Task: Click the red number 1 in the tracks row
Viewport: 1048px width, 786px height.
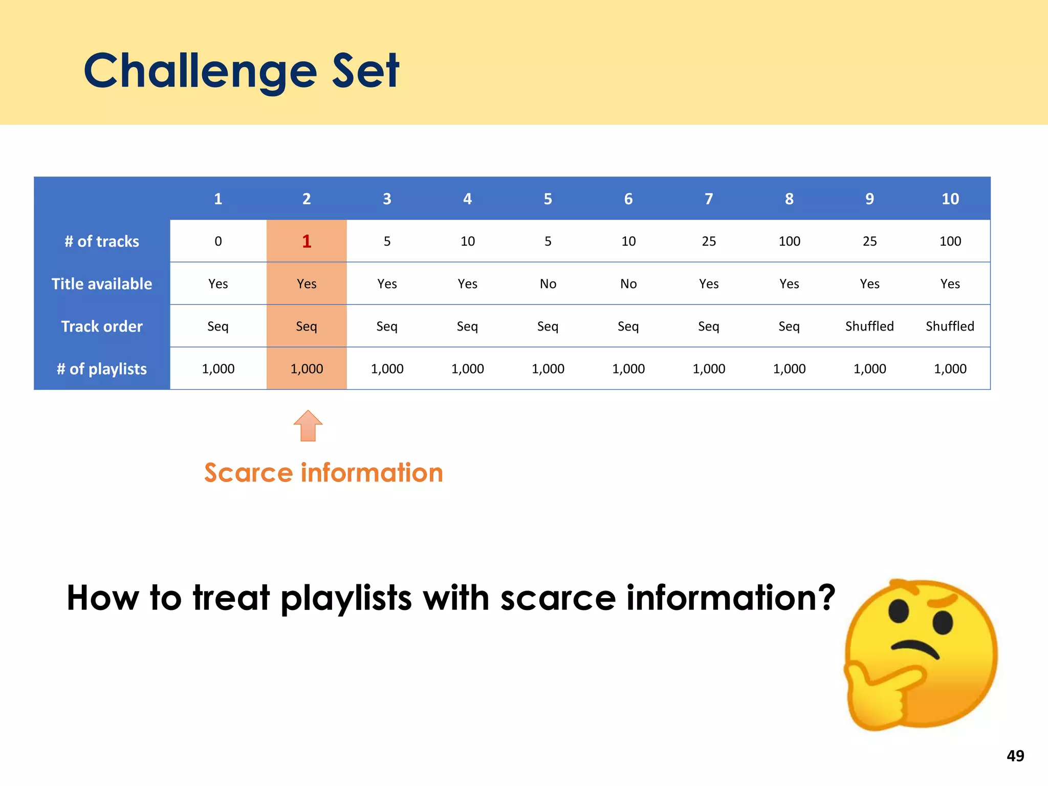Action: [x=307, y=241]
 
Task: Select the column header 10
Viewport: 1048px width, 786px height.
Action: [x=950, y=199]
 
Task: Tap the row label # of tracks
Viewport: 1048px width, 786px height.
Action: [x=102, y=241]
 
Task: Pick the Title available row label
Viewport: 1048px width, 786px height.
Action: [x=102, y=283]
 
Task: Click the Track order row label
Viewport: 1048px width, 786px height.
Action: [x=102, y=326]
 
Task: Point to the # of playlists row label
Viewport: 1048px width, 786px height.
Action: [x=102, y=368]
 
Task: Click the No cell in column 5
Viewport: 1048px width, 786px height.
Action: [x=548, y=283]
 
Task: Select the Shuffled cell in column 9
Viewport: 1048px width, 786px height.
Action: [x=869, y=326]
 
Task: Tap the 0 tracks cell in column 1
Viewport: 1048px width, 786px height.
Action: [x=218, y=241]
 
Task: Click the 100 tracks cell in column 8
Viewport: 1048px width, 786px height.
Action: [x=789, y=241]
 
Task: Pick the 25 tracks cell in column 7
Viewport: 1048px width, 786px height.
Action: [x=709, y=241]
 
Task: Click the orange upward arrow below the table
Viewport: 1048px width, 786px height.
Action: [x=308, y=426]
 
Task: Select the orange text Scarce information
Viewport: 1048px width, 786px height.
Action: [x=323, y=472]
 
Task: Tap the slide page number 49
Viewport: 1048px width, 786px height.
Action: [x=1015, y=756]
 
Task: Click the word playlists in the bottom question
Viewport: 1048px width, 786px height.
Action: [x=346, y=598]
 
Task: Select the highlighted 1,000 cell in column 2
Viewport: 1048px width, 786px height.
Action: [x=307, y=368]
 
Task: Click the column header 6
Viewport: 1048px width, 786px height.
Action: [x=628, y=199]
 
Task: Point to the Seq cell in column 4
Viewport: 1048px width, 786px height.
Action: [x=467, y=326]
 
